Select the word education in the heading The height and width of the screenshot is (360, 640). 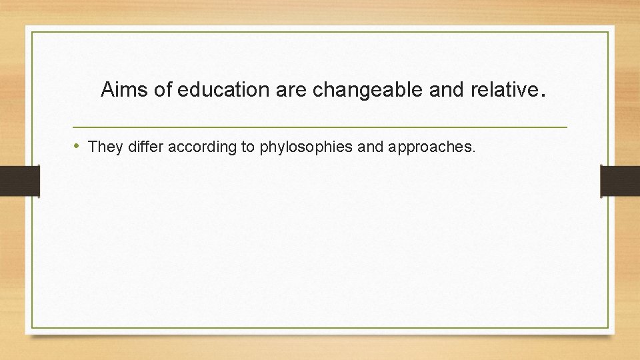pos(223,90)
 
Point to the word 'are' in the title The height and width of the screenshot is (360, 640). pos(292,90)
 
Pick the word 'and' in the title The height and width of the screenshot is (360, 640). pos(444,90)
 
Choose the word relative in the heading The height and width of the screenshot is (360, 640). pos(501,90)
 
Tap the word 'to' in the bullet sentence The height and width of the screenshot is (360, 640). pos(248,147)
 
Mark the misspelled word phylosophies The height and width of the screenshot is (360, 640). pos(306,147)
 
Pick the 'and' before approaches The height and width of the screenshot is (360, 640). pos(371,147)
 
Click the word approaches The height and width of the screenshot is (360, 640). pos(429,147)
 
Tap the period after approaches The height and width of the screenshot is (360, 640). pos(474,151)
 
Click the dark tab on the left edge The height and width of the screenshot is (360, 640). pos(19,181)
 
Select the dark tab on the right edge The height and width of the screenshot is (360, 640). pos(620,181)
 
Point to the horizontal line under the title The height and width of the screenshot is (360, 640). pos(320,127)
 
